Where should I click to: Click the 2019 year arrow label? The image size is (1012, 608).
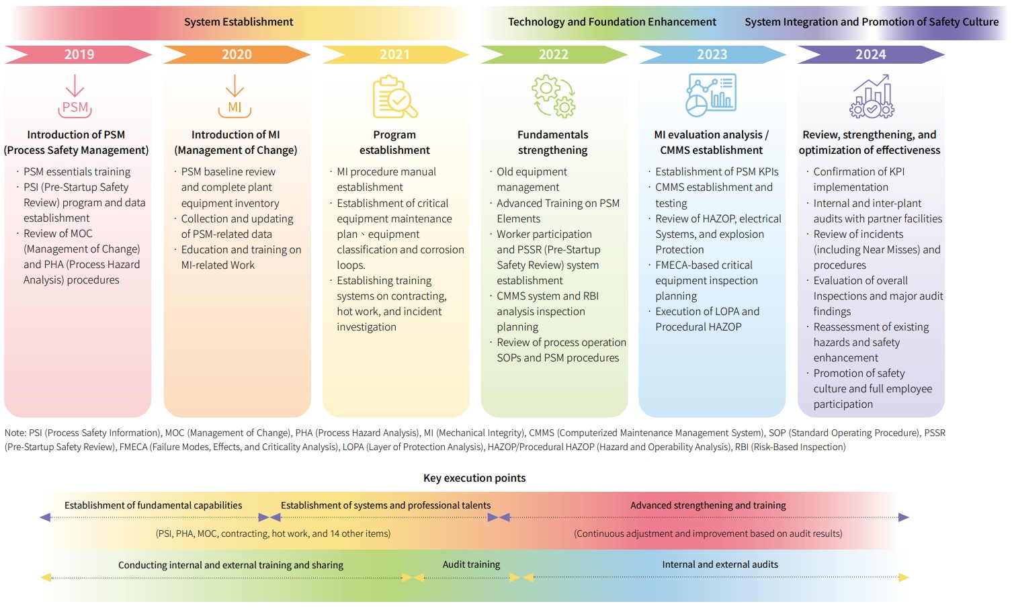[x=79, y=54]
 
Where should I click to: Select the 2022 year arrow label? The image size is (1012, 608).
[x=553, y=54]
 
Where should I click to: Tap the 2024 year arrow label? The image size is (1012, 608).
[x=870, y=54]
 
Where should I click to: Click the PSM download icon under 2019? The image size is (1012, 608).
[x=75, y=97]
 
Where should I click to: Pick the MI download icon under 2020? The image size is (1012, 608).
[x=235, y=97]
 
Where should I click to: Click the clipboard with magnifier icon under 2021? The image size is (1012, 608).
[x=395, y=97]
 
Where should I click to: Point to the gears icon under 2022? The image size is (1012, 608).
[x=554, y=97]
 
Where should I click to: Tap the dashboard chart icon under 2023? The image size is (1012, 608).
[x=712, y=95]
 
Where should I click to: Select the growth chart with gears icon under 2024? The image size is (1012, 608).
[x=872, y=97]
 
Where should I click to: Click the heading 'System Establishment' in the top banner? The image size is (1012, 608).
[x=239, y=22]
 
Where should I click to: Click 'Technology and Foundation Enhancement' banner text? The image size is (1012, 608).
[x=612, y=22]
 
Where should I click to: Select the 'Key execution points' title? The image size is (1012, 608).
[x=474, y=478]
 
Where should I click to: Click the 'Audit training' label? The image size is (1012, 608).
[x=471, y=564]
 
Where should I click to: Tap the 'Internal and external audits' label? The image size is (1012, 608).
[x=720, y=564]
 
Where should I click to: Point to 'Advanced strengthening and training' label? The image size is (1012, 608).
[x=708, y=505]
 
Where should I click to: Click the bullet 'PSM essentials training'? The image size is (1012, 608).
[x=77, y=172]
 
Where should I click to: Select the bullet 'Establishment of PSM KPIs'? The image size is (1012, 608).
[x=716, y=172]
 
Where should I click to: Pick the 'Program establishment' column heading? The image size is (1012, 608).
[x=394, y=142]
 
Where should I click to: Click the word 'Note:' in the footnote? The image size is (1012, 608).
[x=15, y=433]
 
